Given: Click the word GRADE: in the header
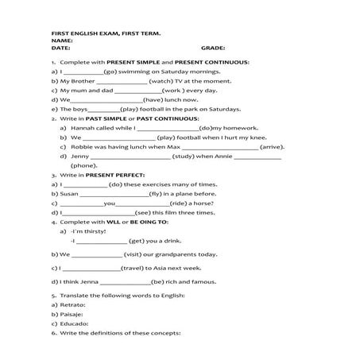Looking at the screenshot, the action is click(213, 48).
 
